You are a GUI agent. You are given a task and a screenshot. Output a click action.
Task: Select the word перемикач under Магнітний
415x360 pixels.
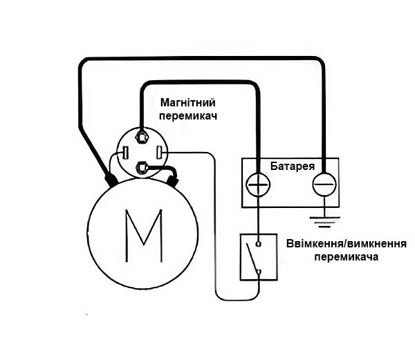click(187, 116)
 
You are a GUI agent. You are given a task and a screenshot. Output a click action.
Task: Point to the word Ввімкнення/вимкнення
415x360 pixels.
click(345, 243)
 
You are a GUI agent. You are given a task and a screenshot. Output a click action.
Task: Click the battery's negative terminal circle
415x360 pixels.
click(322, 184)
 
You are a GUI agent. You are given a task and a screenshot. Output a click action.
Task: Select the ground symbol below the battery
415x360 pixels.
click(322, 222)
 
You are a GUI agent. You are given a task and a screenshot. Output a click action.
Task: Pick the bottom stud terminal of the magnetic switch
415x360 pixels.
click(143, 167)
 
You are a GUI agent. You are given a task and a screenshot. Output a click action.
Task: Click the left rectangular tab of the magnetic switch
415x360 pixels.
click(126, 151)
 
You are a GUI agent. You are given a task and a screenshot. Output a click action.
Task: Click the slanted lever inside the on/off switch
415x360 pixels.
click(253, 257)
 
